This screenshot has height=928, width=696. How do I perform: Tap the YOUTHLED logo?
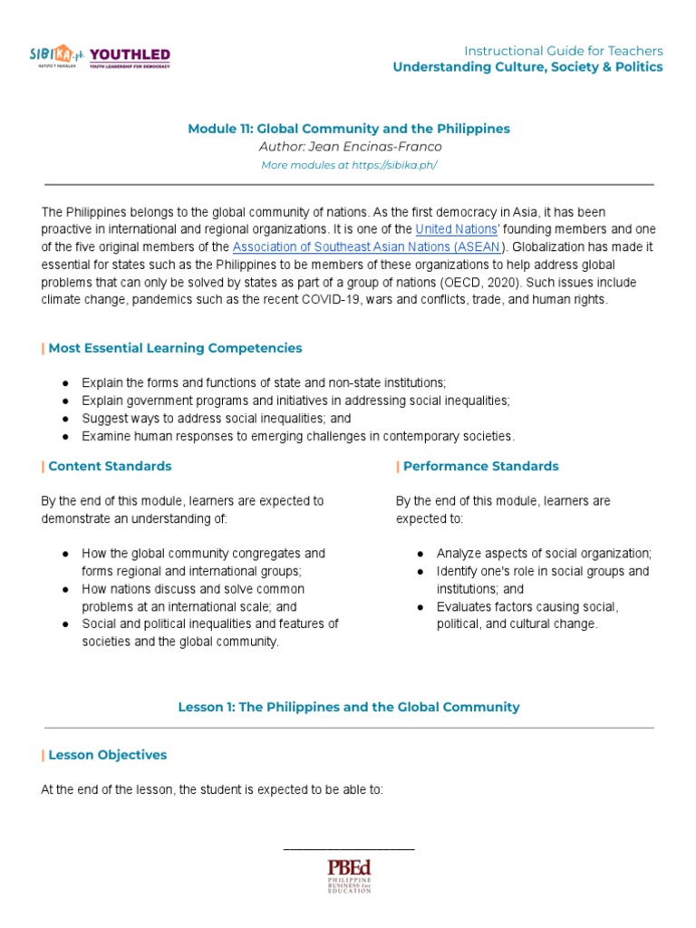point(130,59)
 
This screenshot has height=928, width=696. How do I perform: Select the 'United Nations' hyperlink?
point(456,228)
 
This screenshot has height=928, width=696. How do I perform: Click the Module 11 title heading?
point(348,129)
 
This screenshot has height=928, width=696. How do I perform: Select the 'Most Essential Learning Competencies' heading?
point(175,348)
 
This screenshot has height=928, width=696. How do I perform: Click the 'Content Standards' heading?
point(110,466)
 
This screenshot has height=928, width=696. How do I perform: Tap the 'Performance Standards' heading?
point(480,466)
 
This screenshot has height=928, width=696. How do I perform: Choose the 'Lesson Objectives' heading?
point(107,755)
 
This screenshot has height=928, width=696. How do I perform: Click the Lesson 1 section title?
point(348,707)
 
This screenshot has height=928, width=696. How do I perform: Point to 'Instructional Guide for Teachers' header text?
point(563,51)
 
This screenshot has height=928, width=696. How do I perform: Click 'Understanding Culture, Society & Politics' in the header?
point(527,67)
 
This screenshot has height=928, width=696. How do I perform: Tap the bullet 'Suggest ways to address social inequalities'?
point(216,419)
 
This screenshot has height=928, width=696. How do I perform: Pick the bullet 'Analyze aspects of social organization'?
point(544,554)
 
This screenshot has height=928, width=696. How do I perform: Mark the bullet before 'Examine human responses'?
point(66,437)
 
